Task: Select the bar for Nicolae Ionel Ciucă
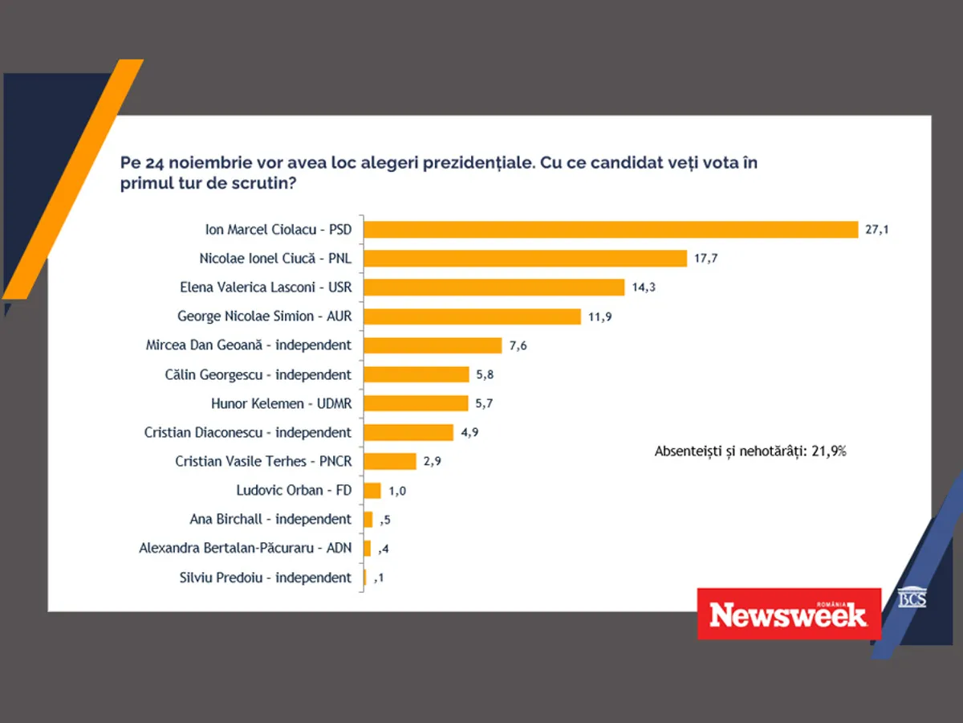(x=526, y=259)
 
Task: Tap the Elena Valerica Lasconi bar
(x=494, y=288)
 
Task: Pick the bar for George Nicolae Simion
(x=473, y=317)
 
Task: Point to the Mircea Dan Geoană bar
(x=433, y=345)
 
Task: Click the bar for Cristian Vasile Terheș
(x=391, y=461)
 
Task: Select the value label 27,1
(x=877, y=230)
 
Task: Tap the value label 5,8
(x=485, y=374)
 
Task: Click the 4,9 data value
(x=469, y=432)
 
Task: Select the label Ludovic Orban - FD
(x=294, y=490)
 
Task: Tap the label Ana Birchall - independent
(x=270, y=519)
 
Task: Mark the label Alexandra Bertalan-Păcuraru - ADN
(x=245, y=548)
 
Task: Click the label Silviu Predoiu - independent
(x=265, y=577)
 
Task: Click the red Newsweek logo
(x=788, y=614)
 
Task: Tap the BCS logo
(x=911, y=598)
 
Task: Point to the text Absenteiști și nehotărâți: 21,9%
(x=750, y=451)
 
